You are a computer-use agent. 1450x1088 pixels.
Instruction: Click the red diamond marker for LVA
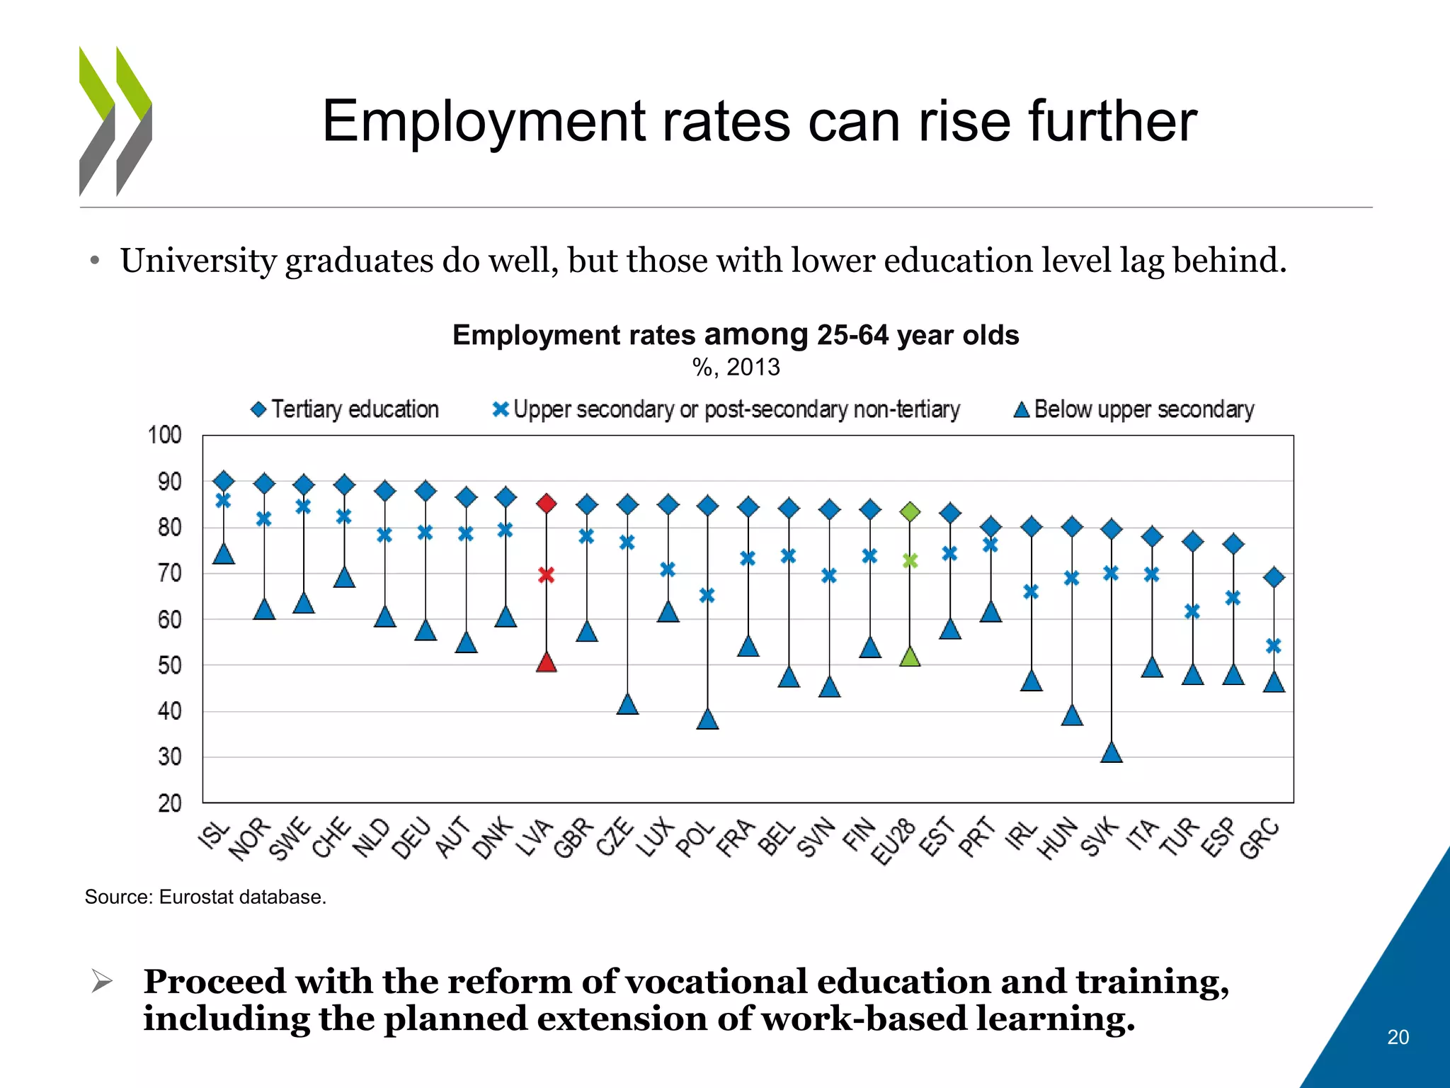click(x=546, y=504)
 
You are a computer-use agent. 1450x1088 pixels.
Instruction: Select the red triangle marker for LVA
click(x=546, y=663)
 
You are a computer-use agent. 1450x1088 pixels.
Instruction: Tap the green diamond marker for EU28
click(x=910, y=511)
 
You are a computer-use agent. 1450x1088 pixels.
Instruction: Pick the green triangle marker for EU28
click(x=910, y=657)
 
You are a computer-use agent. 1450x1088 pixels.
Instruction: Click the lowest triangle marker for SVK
click(x=1112, y=753)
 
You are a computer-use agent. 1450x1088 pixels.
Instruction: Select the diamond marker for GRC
click(x=1274, y=577)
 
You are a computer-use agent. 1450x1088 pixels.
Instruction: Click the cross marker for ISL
click(x=223, y=501)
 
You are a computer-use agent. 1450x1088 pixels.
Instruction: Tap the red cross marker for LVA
click(x=546, y=574)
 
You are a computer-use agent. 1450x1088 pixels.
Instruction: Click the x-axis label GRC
click(x=1260, y=839)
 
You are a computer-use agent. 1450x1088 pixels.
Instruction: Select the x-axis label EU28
click(x=894, y=841)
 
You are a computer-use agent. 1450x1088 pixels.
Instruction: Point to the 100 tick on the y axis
click(x=165, y=435)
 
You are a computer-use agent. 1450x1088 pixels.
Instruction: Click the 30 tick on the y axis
click(x=170, y=757)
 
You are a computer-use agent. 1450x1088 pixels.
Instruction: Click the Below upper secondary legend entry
click(x=1134, y=409)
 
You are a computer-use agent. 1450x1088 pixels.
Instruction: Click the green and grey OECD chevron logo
click(x=115, y=120)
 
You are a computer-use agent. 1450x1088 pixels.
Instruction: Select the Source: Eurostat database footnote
click(x=205, y=897)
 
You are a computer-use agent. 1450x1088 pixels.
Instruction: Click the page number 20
click(x=1398, y=1037)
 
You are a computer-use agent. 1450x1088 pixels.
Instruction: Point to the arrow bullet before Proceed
click(x=103, y=982)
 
